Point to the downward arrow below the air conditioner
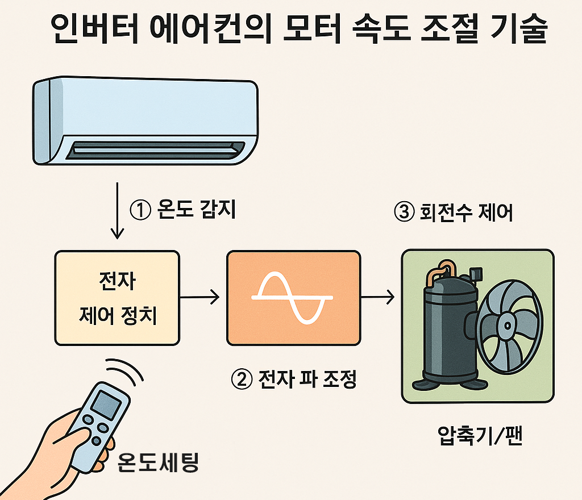point(117,210)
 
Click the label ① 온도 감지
point(182,211)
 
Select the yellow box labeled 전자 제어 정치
point(117,298)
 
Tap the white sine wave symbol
point(293,297)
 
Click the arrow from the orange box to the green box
point(377,296)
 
